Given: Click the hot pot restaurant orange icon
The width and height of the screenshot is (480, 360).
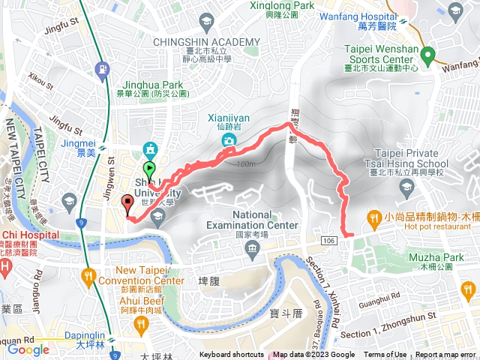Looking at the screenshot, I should pos(373,217).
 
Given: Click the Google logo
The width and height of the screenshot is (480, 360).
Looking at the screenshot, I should pos(28,349).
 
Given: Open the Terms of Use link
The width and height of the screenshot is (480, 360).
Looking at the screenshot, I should pos(385,355).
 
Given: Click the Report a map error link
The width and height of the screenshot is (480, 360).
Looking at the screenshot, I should pos(445,355).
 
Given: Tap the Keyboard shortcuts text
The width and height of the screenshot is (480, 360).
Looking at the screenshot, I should pos(231,355).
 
